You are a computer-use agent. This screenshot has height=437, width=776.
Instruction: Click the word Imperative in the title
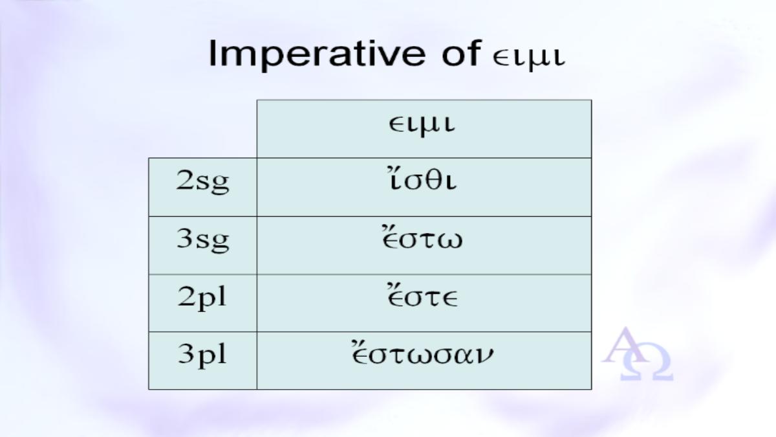pos(317,55)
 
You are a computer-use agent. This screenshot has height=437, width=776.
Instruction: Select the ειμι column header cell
pos(424,129)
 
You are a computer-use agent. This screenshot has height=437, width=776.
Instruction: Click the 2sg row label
pos(202,182)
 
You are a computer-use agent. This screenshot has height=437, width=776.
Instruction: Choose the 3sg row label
pos(202,240)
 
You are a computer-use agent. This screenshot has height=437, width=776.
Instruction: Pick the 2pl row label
pos(202,298)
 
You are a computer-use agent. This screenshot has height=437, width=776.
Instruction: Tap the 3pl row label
pos(202,356)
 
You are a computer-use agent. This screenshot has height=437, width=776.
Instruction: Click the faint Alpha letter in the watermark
pos(623,346)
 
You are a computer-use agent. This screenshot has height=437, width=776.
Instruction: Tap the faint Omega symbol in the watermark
pos(647,362)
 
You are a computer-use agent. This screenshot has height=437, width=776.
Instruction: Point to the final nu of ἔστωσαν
pos(484,356)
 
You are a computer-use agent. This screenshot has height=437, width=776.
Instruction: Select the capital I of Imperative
pos(212,53)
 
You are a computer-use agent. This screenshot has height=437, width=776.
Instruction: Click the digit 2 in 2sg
pos(185,180)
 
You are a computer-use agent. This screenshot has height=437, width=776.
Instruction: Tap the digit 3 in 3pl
pos(186,353)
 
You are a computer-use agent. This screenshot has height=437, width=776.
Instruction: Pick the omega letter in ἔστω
pos(450,241)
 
